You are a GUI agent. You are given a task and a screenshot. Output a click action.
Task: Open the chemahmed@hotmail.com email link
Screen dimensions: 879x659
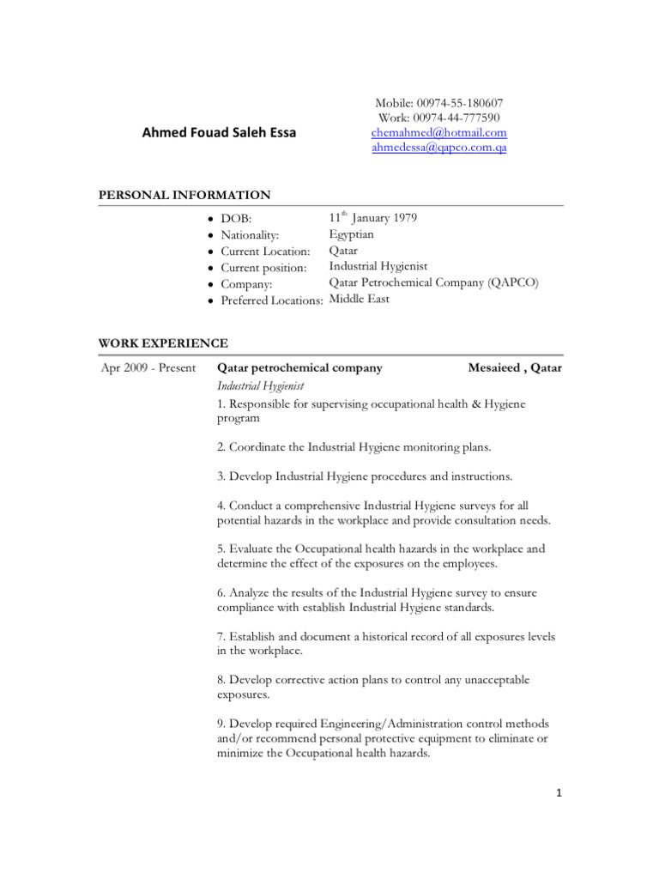click(439, 133)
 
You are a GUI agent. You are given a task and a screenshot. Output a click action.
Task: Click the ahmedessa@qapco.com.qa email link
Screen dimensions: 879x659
click(439, 148)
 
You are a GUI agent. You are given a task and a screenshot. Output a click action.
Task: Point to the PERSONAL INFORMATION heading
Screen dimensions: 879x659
click(185, 195)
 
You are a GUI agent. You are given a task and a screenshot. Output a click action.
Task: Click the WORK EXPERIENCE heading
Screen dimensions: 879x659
click(164, 343)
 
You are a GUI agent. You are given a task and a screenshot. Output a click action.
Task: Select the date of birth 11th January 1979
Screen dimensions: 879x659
click(373, 218)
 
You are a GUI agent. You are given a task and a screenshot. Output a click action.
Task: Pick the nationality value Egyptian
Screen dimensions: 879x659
click(352, 234)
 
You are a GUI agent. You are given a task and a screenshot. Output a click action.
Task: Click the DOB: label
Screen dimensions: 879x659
click(236, 219)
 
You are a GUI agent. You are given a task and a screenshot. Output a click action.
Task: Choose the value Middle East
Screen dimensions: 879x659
click(360, 300)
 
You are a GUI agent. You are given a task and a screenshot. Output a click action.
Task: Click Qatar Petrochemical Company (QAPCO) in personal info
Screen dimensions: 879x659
click(434, 283)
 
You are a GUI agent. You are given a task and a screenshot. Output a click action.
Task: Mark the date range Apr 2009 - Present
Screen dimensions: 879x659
click(148, 368)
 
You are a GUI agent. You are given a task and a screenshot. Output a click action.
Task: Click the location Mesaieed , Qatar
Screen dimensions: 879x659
click(516, 368)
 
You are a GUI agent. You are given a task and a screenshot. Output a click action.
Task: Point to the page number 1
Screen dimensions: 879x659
click(558, 793)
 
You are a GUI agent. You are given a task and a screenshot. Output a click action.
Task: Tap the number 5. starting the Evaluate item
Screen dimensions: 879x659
click(221, 549)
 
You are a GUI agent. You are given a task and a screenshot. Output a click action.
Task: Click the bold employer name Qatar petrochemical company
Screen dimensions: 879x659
click(299, 368)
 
